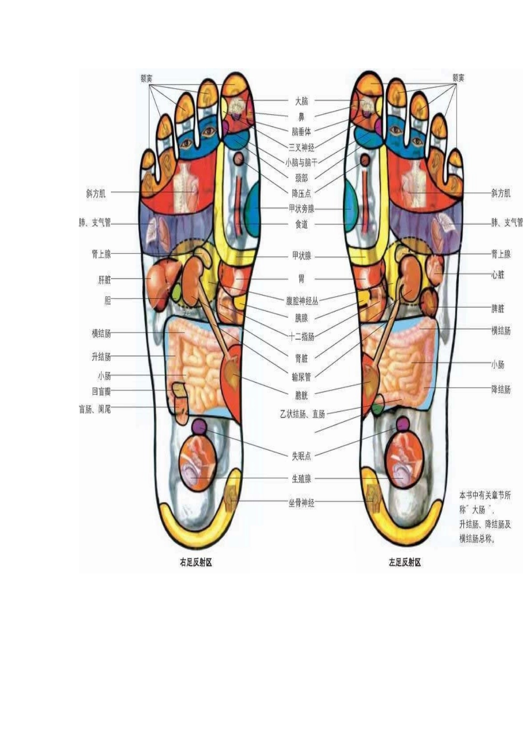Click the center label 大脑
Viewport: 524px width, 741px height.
pos(301,101)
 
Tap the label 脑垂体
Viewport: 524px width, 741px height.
pos(301,132)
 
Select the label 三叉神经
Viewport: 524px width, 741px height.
pos(301,147)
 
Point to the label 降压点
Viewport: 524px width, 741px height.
pos(301,193)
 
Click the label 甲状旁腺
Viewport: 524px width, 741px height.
pos(301,208)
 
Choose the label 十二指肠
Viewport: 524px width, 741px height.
pos(301,336)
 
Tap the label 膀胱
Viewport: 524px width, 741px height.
pos(301,395)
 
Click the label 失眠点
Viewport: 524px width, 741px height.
pos(301,455)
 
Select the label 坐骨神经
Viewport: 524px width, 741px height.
pos(301,503)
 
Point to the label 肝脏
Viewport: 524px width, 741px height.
pos(104,280)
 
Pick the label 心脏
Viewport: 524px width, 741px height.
pos(498,275)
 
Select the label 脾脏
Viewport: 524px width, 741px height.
pos(498,309)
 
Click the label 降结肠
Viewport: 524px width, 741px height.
pos(500,389)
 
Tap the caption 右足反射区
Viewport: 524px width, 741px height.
pos(196,562)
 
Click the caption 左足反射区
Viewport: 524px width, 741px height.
pos(405,562)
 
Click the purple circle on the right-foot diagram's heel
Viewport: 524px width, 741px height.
pos(199,426)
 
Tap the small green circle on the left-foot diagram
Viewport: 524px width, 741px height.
pos(377,409)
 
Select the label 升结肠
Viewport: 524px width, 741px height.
pos(101,357)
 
